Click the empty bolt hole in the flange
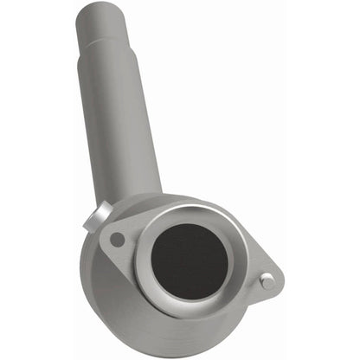pos(117,239)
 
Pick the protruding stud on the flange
pos(267,280)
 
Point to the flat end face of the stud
pos(268,280)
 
